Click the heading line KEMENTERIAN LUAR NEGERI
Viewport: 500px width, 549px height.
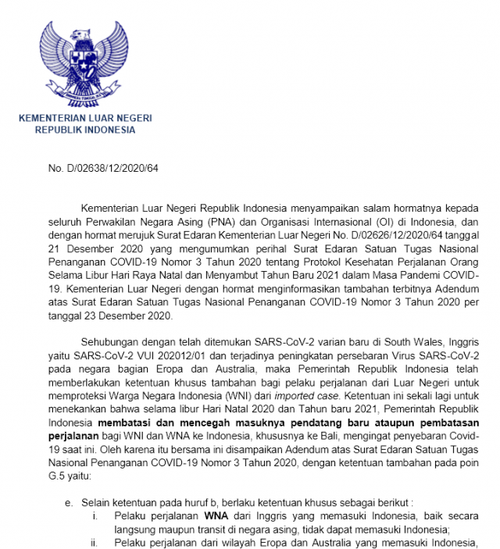(x=86, y=118)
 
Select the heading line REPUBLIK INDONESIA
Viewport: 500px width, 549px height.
(x=85, y=130)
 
